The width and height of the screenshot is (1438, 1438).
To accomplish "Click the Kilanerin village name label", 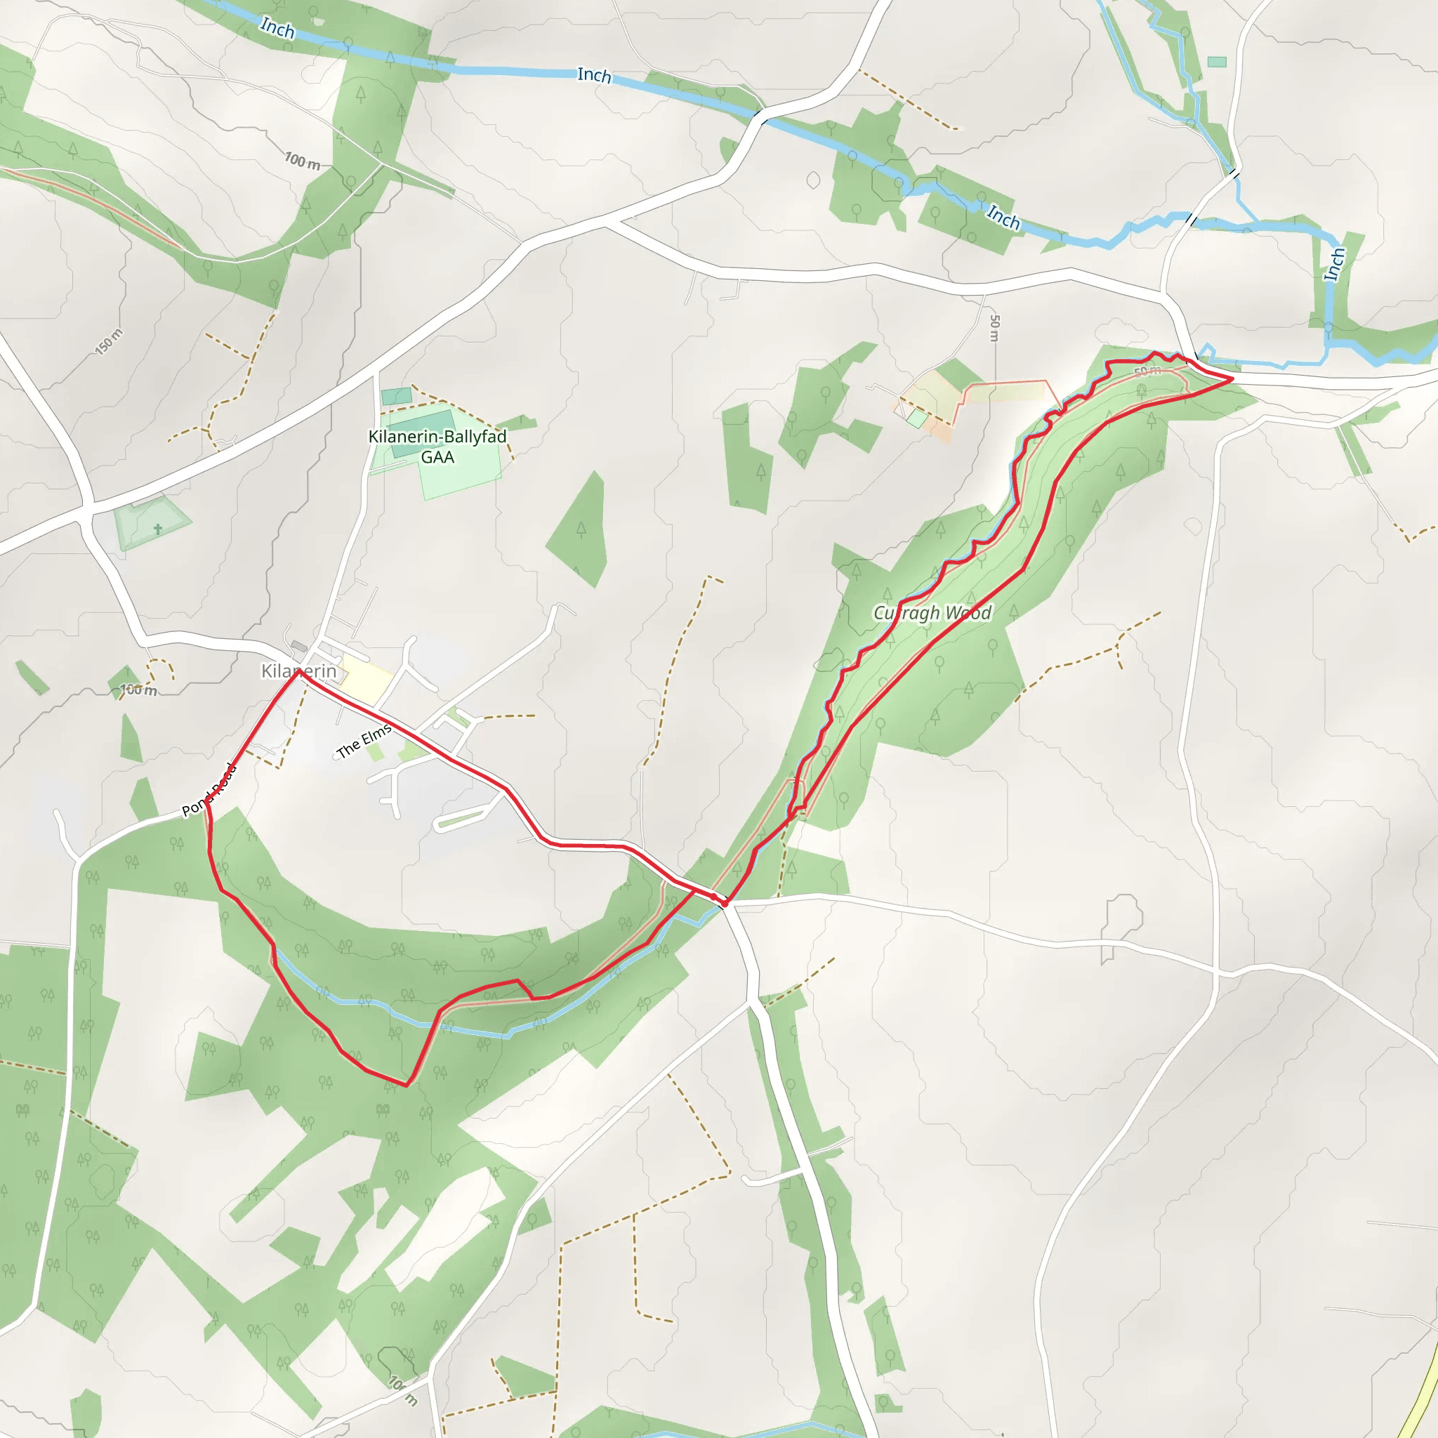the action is pos(298,671).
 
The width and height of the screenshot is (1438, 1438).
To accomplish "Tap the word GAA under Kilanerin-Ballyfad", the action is pos(437,457).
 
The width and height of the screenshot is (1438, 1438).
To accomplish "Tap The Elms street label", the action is pos(364,741).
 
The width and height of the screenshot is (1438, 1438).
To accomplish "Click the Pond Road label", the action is pos(209,790).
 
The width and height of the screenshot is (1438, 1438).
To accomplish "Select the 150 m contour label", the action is pos(109,342).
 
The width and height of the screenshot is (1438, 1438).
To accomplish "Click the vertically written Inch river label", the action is pos(1335,264).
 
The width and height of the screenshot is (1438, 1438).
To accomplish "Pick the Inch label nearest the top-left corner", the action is pos(277,28).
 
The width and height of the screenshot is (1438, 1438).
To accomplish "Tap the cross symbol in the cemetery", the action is pos(158,529).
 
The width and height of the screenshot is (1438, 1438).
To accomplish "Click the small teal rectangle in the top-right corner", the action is pos(1217,62).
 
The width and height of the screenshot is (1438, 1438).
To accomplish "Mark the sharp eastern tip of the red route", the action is pos(1232,379).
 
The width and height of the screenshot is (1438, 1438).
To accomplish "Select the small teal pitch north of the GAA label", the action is pos(396,396).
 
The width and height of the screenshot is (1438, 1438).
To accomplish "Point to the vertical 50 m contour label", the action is pos(994,328).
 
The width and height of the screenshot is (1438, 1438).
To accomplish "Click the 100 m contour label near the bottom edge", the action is pos(402,1390).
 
